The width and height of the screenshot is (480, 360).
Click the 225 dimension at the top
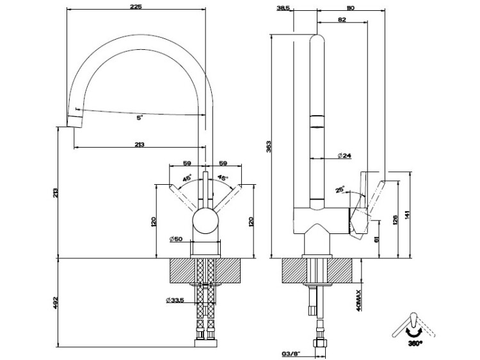135,6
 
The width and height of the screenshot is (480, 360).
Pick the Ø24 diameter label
344,156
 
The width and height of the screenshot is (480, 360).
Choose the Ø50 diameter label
177,239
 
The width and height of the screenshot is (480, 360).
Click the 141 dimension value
406,215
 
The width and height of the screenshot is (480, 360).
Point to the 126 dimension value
396,220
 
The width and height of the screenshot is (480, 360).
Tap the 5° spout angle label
139,118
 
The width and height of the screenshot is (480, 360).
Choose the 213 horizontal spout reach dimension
140,144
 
